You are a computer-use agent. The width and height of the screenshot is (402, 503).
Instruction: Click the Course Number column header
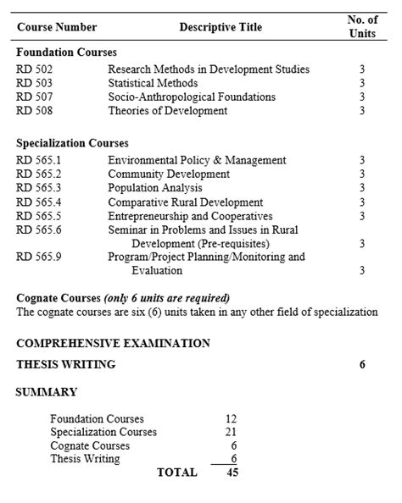coord(57,27)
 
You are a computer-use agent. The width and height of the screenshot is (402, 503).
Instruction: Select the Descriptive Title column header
coord(221,27)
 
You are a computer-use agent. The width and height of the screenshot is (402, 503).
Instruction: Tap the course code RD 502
coord(35,69)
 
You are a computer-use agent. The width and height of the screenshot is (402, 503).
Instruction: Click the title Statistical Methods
coord(153,83)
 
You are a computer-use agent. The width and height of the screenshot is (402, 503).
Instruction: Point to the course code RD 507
coord(35,97)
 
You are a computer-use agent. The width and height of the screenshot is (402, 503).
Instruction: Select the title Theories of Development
coord(168,110)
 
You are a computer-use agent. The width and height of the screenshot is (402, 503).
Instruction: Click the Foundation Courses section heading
coord(66,52)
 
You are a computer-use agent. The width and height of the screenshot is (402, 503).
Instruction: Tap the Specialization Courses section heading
coord(72,143)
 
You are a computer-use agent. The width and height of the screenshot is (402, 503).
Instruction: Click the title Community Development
coord(169,174)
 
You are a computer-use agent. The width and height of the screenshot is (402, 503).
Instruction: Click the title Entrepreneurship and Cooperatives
coord(190,216)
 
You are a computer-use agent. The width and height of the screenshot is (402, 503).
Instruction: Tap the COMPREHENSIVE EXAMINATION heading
coord(113,343)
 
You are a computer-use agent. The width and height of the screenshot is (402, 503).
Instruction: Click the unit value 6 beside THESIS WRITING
coord(362,365)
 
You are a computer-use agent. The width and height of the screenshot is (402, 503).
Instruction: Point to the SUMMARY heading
coord(47,392)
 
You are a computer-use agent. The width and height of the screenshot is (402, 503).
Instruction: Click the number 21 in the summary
coord(231,432)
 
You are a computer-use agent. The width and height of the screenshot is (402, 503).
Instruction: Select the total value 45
coord(232,473)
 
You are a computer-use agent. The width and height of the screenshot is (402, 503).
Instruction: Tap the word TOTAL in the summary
coord(176,473)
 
